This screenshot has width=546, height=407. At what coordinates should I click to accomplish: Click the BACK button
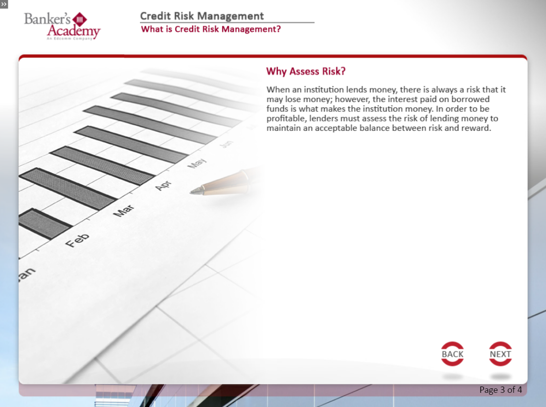[x=453, y=354]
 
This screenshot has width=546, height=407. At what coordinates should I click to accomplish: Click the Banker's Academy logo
[x=62, y=26]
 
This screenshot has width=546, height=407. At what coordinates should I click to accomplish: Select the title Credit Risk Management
[x=202, y=16]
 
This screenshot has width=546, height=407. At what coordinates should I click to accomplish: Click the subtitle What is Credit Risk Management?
[x=211, y=29]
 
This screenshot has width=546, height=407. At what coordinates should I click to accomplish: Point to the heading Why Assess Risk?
[x=306, y=71]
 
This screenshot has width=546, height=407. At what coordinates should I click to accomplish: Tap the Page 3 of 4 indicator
[x=500, y=389]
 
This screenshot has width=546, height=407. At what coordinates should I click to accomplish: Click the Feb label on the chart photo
[x=77, y=240]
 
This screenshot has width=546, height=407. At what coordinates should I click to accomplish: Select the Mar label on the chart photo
[x=124, y=211]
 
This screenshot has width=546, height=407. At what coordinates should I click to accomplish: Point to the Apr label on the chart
[x=163, y=185]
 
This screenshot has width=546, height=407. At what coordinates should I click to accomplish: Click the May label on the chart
[x=197, y=163]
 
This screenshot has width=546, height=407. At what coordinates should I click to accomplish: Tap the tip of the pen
[x=190, y=192]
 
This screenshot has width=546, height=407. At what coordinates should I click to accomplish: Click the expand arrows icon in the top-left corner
[x=4, y=4]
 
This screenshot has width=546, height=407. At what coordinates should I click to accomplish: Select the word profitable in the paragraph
[x=286, y=119]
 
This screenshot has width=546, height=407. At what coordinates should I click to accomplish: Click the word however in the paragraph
[x=352, y=99]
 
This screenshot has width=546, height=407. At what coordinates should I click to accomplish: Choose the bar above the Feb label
[x=45, y=224]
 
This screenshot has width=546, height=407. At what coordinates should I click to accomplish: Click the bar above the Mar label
[x=68, y=189]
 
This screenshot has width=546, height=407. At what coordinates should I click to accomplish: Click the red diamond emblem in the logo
[x=80, y=20]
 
